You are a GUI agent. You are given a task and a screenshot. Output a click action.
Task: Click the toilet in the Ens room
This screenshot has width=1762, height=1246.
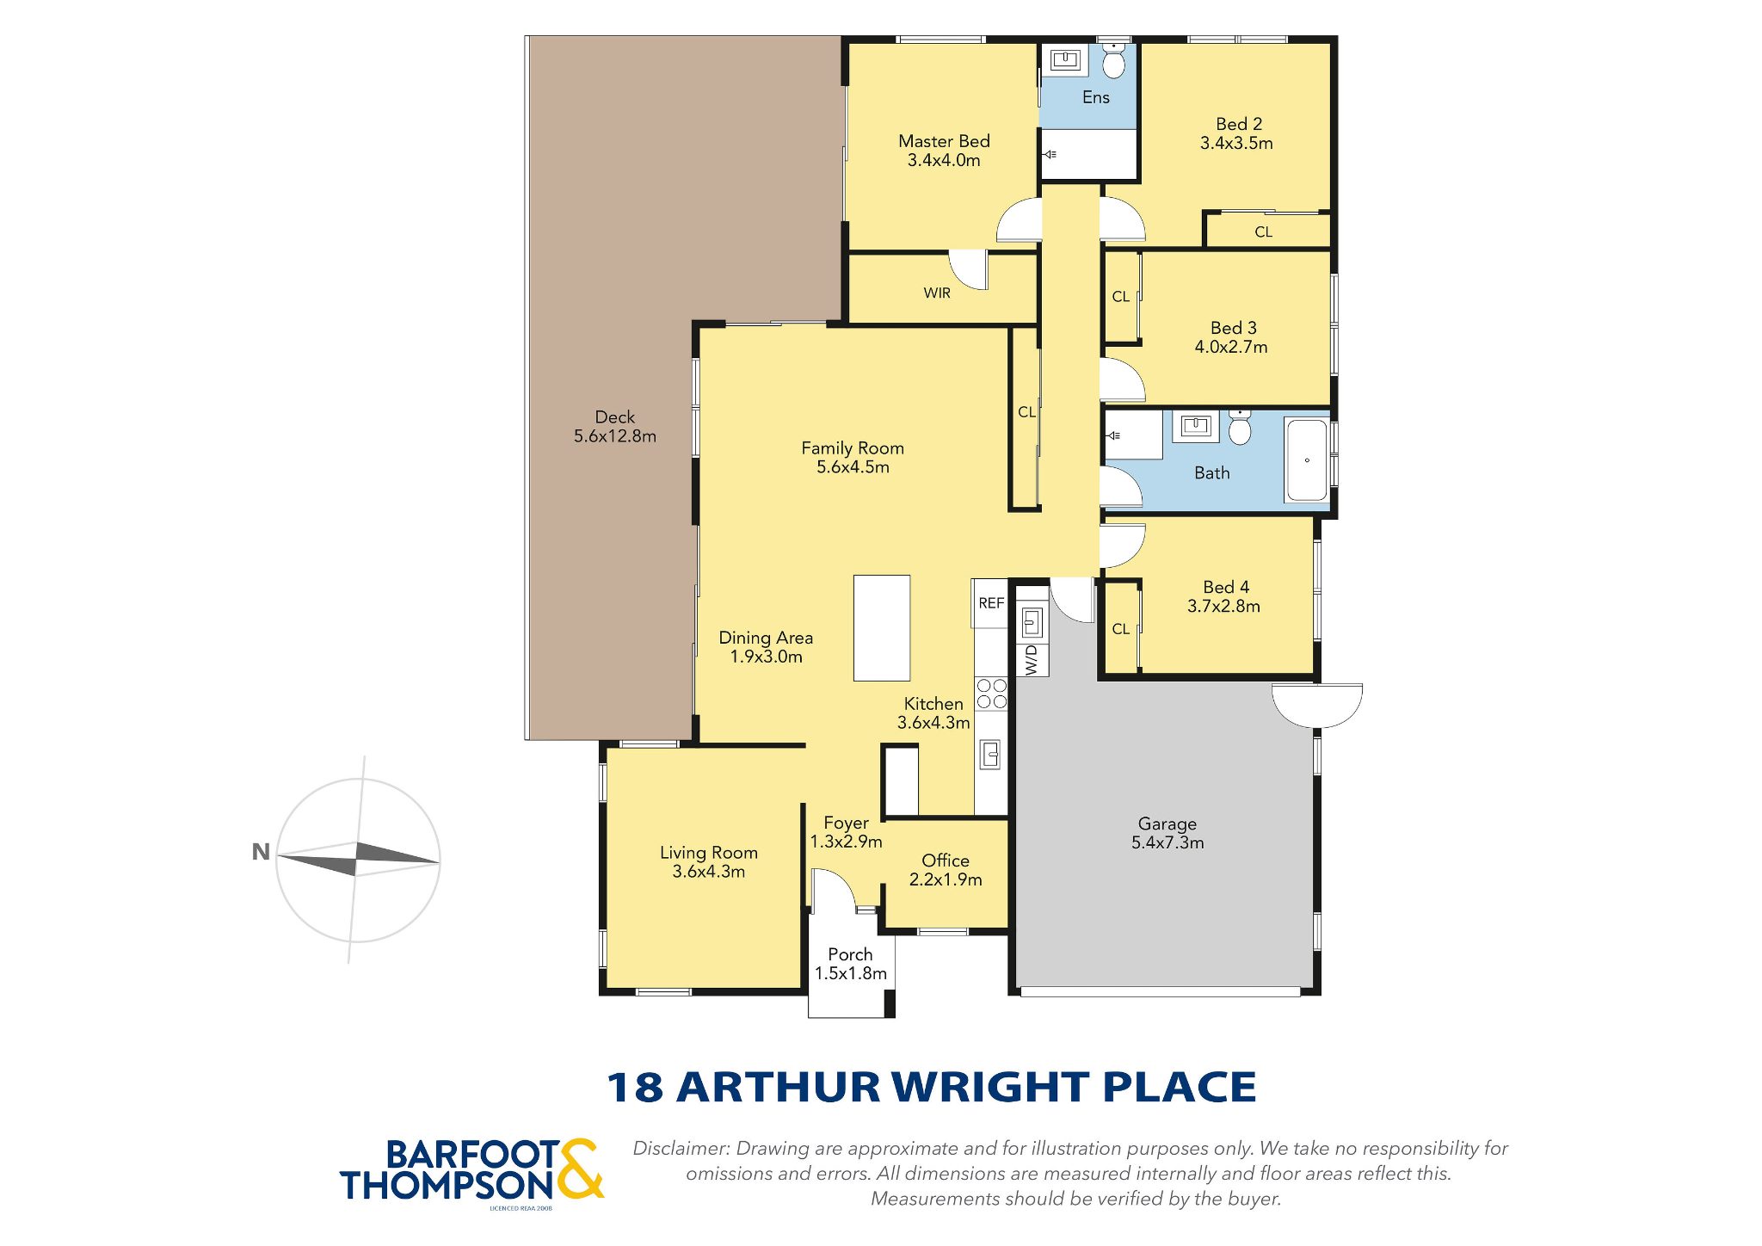(x=1113, y=60)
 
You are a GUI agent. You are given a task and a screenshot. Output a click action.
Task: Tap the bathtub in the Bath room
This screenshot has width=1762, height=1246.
(x=1306, y=460)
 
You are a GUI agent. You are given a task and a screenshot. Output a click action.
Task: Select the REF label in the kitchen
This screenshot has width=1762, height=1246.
(x=991, y=603)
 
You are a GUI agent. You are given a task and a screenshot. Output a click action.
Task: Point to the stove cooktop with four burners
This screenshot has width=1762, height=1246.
(x=991, y=694)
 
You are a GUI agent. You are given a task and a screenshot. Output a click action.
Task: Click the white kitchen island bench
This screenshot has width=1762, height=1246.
(x=882, y=628)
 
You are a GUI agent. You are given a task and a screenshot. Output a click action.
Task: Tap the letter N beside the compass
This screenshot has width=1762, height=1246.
(x=261, y=852)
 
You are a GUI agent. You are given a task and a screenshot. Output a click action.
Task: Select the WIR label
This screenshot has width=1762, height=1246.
(x=937, y=293)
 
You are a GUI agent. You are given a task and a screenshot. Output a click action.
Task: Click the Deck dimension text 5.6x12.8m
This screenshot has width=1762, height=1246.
(x=615, y=436)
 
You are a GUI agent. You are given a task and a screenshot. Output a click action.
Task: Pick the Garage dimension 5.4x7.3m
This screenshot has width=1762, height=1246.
(x=1167, y=842)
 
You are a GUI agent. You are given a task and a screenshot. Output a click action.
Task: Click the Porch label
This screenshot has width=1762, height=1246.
(x=850, y=954)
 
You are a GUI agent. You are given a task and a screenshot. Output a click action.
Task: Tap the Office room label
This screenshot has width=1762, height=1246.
(x=946, y=860)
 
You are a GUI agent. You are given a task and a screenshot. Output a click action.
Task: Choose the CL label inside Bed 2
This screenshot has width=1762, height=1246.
(x=1263, y=232)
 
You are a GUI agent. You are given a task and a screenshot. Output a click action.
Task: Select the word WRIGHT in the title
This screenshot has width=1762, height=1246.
(x=991, y=1087)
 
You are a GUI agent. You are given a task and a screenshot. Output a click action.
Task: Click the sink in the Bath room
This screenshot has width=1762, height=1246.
(x=1196, y=426)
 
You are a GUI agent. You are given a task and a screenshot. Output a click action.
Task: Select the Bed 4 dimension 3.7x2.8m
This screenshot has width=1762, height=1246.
(x=1223, y=607)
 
